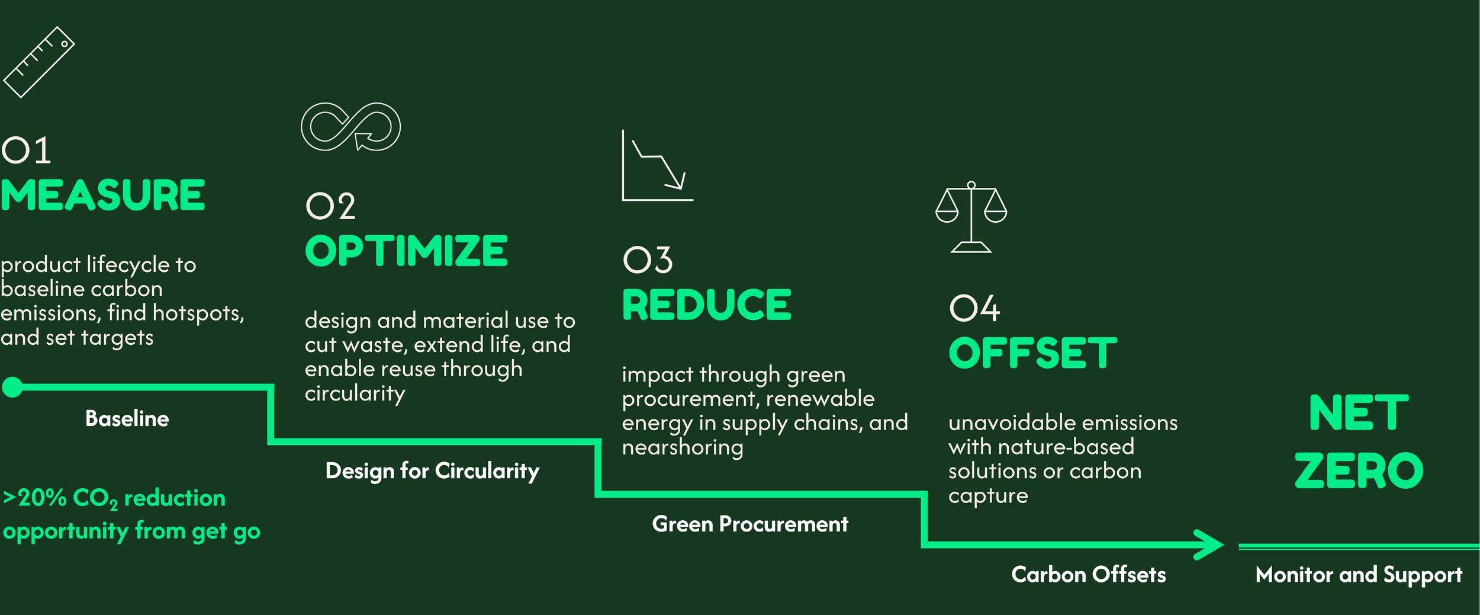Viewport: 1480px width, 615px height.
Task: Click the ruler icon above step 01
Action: click(x=39, y=62)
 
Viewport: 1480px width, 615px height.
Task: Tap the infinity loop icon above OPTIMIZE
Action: click(x=350, y=127)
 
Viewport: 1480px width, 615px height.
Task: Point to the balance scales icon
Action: click(x=971, y=217)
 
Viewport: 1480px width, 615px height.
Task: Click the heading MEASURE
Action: click(x=102, y=196)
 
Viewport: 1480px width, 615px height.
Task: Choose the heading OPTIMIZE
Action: click(x=406, y=251)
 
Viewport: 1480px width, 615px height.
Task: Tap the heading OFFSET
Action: click(x=1032, y=353)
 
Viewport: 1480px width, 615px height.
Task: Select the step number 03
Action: click(x=648, y=261)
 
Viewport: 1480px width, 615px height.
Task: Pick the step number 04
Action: click(x=974, y=309)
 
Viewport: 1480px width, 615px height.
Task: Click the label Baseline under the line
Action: click(x=127, y=419)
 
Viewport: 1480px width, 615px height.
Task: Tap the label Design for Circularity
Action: click(x=432, y=471)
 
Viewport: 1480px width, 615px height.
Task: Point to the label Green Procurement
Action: click(x=750, y=524)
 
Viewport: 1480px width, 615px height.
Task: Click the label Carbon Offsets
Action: click(x=1088, y=575)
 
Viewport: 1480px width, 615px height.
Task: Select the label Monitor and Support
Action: click(x=1359, y=575)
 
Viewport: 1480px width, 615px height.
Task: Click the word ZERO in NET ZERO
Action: click(x=1359, y=471)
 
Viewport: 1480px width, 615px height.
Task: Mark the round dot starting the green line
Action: click(x=12, y=387)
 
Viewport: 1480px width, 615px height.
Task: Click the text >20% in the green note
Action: click(x=34, y=498)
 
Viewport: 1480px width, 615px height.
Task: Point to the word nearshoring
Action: click(x=682, y=447)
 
